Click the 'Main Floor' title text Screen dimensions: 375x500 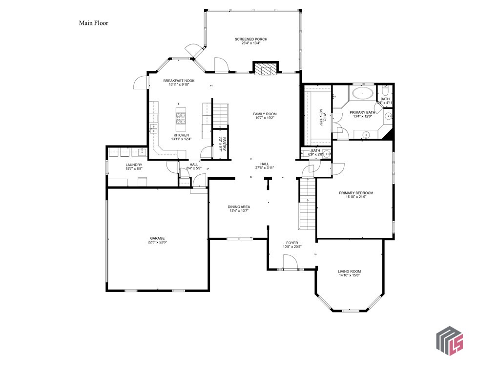pos(93,23)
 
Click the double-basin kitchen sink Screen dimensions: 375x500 pos(153,129)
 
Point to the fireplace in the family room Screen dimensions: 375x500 pos(265,69)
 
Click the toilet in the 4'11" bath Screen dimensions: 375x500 pos(385,91)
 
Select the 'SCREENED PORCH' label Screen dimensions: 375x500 pos(251,39)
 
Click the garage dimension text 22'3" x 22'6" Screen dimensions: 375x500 pos(157,242)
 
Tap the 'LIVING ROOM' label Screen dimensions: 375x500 pos(349,271)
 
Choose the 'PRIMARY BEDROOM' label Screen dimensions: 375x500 pos(356,193)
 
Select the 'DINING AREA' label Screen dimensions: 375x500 pos(239,207)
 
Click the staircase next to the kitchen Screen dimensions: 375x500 pos(221,114)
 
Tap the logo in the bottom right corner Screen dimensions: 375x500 pos(449,340)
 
